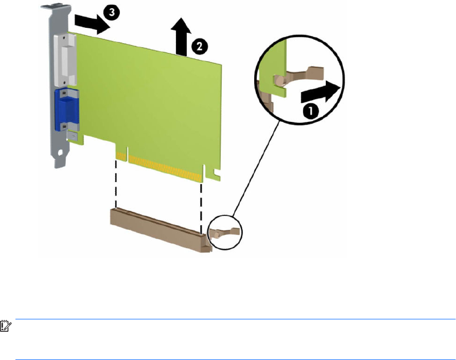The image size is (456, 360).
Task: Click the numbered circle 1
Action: pyautogui.click(x=310, y=111)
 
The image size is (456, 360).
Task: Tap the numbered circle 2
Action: pyautogui.click(x=200, y=46)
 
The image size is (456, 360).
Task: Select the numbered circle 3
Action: pyautogui.click(x=112, y=12)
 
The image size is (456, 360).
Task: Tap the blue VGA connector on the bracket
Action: pyautogui.click(x=66, y=110)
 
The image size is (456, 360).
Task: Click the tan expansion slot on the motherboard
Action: pyautogui.click(x=161, y=229)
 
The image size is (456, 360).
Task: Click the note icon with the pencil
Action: pyautogui.click(x=6, y=326)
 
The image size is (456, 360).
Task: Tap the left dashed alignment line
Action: pyautogui.click(x=116, y=183)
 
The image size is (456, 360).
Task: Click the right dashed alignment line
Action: pyautogui.click(x=201, y=208)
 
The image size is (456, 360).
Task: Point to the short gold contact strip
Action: pyautogui.click(x=121, y=156)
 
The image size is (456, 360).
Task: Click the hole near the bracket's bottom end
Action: pyautogui.click(x=60, y=152)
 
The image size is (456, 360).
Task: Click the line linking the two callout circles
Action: pyautogui.click(x=256, y=169)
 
